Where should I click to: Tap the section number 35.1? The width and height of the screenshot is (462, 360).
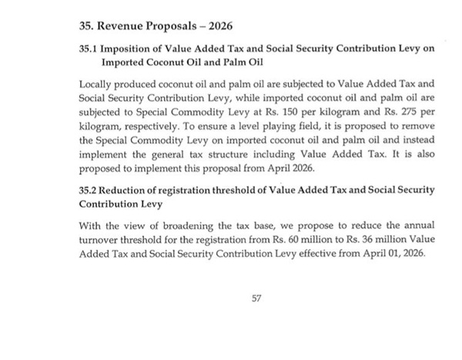(x=89, y=48)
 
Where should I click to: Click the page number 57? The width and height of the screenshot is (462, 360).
(x=257, y=298)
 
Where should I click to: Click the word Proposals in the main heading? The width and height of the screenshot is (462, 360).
(x=177, y=25)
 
